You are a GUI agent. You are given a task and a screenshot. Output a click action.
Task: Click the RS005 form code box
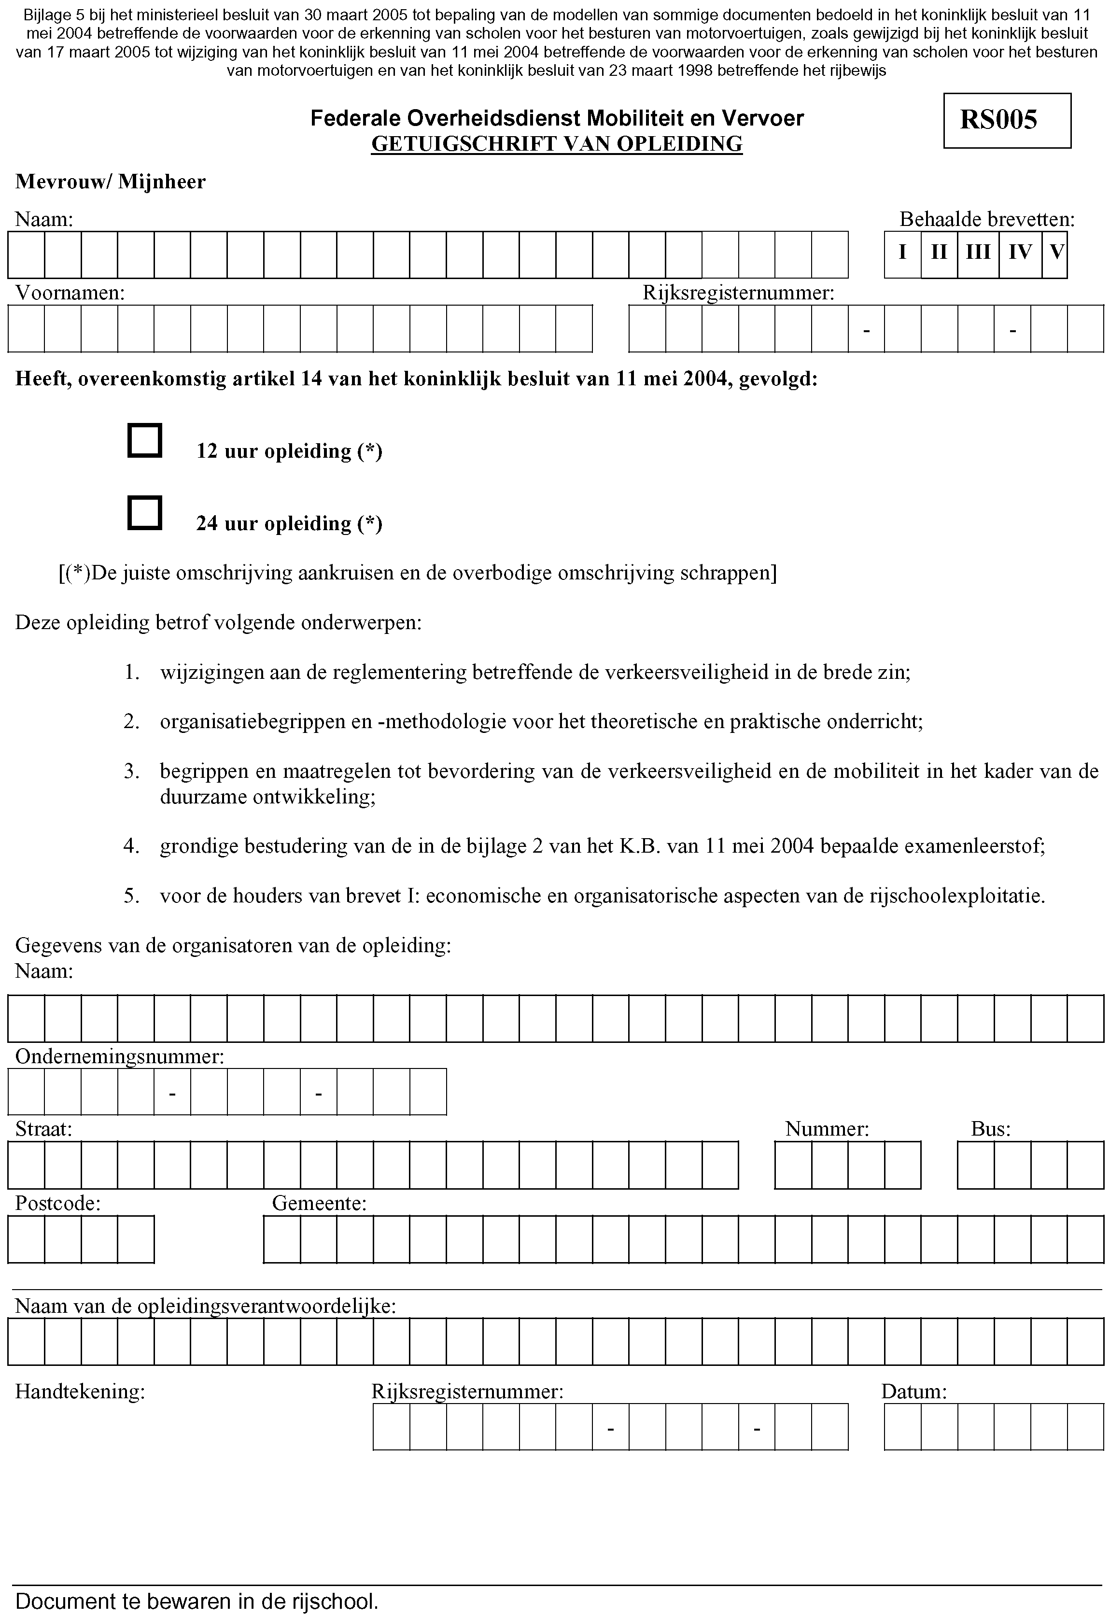click(1006, 120)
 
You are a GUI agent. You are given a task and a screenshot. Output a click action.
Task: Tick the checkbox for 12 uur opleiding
click(145, 440)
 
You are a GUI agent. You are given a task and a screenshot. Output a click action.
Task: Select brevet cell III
click(978, 252)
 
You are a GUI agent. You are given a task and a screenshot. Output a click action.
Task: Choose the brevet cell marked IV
click(1020, 252)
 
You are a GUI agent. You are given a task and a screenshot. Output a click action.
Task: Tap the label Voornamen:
click(70, 293)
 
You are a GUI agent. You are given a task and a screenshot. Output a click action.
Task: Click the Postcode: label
click(58, 1203)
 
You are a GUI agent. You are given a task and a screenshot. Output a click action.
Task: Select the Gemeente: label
click(319, 1203)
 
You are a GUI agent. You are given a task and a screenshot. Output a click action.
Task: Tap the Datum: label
click(914, 1391)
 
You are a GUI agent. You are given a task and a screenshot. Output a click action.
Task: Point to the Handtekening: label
click(80, 1391)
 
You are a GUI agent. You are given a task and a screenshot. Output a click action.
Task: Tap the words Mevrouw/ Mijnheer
click(111, 182)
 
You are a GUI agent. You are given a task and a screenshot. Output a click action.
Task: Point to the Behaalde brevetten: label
click(987, 220)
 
